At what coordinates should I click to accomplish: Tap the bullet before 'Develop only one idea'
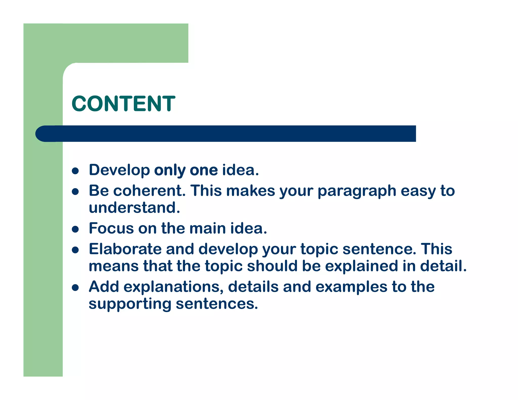pos(75,171)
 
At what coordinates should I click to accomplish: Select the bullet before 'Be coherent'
pos(75,192)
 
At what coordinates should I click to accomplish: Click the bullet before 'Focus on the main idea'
pos(75,229)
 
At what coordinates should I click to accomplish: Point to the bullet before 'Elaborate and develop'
pos(75,250)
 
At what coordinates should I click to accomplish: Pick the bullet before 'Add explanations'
pos(75,288)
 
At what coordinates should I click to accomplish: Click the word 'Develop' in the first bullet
pos(119,170)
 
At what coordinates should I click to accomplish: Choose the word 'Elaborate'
pos(125,249)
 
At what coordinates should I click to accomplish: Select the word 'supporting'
pos(130,304)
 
